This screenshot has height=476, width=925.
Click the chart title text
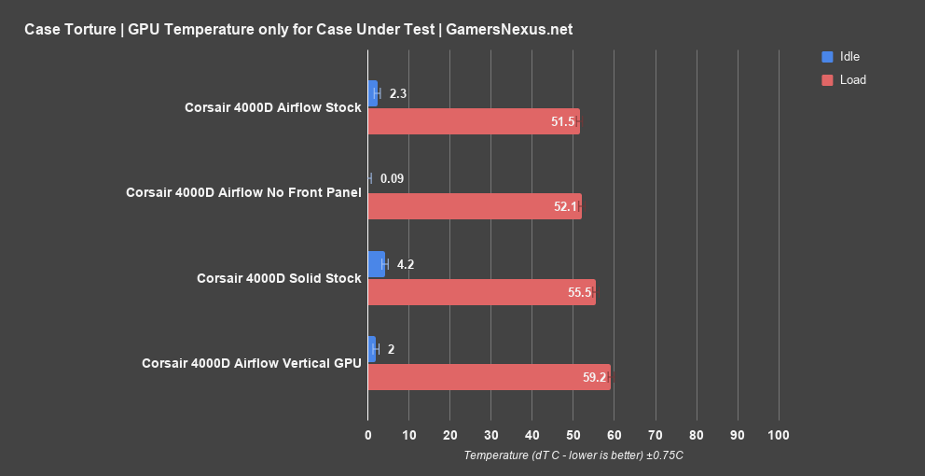click(x=298, y=29)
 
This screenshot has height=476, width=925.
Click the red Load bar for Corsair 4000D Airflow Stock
click(x=474, y=121)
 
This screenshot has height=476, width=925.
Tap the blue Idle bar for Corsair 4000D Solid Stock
click(x=377, y=264)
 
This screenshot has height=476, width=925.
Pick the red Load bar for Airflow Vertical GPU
click(x=490, y=377)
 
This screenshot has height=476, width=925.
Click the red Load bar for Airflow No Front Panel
click(x=475, y=206)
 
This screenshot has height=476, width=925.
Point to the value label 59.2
click(x=594, y=378)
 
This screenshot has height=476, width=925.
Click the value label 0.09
click(x=392, y=178)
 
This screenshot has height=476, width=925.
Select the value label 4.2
click(x=405, y=264)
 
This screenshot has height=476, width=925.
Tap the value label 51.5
click(x=562, y=122)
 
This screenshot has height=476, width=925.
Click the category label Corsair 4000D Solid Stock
click(x=279, y=278)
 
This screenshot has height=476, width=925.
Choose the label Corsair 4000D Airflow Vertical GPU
click(x=251, y=363)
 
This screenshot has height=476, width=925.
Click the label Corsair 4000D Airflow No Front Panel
click(x=243, y=192)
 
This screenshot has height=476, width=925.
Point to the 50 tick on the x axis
click(x=573, y=435)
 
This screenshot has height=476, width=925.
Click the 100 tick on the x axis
click(x=779, y=435)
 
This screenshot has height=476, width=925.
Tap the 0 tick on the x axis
click(x=368, y=435)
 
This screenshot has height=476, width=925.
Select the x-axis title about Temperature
click(x=573, y=455)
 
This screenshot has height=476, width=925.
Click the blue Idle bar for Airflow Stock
click(x=373, y=93)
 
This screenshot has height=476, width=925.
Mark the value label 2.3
click(x=398, y=93)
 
